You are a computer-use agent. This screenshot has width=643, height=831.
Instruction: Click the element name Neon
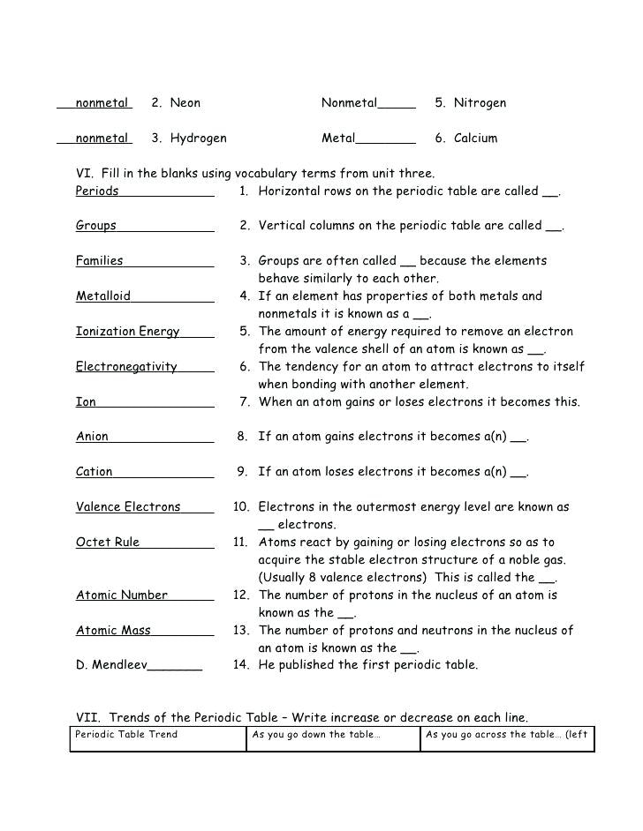pyautogui.click(x=185, y=103)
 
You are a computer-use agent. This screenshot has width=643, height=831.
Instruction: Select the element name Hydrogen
pyautogui.click(x=198, y=138)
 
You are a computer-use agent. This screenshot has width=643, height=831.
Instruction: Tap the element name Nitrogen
pyautogui.click(x=480, y=103)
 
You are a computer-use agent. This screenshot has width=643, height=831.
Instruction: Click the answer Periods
pyautogui.click(x=97, y=191)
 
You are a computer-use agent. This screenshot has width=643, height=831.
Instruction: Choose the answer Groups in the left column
pyautogui.click(x=96, y=226)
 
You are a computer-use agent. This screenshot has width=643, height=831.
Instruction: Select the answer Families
pyautogui.click(x=100, y=261)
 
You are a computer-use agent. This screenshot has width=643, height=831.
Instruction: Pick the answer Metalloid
pyautogui.click(x=103, y=296)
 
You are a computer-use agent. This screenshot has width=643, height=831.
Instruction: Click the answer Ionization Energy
pyautogui.click(x=127, y=332)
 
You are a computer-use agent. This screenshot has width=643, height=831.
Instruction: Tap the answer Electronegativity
pyautogui.click(x=126, y=367)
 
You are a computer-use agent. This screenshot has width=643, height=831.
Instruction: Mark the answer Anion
pyautogui.click(x=92, y=437)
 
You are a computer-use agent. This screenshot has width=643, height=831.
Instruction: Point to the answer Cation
pyautogui.click(x=95, y=472)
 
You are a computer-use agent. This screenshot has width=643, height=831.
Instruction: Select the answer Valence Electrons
pyautogui.click(x=128, y=507)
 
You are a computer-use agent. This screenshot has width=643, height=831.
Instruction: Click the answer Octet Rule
pyautogui.click(x=108, y=543)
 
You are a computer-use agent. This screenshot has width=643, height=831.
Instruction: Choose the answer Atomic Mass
pyautogui.click(x=113, y=631)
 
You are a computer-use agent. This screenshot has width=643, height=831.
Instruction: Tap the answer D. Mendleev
pyautogui.click(x=111, y=665)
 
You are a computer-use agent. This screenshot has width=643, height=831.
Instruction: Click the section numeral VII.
pyautogui.click(x=88, y=718)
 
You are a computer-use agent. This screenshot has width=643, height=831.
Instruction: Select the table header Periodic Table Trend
pyautogui.click(x=126, y=735)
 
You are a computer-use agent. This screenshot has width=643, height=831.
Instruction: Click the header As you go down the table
pyautogui.click(x=316, y=735)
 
